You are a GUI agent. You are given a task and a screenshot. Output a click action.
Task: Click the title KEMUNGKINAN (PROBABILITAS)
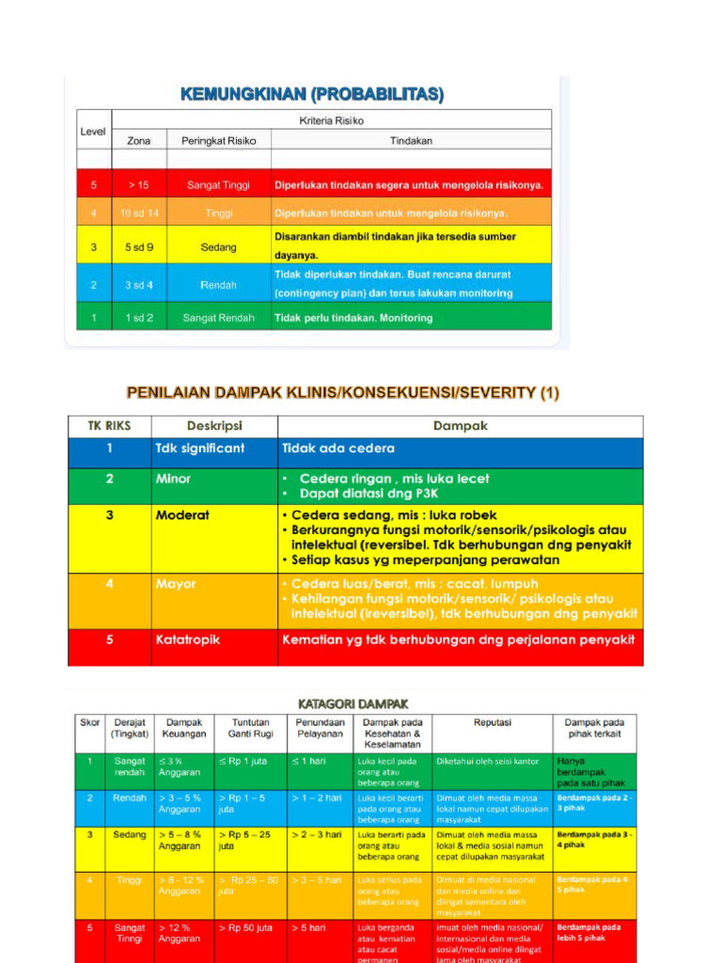coord(311,94)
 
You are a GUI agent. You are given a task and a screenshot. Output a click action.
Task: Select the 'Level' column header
coord(93,132)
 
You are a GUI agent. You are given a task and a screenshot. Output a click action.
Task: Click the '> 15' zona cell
coord(138,185)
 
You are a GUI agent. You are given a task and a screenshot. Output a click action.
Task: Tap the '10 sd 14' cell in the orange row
coord(139,213)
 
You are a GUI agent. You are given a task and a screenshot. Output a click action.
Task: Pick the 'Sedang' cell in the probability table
coord(218,247)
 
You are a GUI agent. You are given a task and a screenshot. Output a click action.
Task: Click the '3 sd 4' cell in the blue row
coord(139,285)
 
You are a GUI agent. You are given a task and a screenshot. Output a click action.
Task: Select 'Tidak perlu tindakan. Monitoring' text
coord(353,318)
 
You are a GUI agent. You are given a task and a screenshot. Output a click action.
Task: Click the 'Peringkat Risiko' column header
coord(218,140)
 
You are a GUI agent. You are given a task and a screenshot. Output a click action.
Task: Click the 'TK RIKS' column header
coord(109,426)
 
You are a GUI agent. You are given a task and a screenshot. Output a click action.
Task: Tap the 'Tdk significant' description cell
coord(199,449)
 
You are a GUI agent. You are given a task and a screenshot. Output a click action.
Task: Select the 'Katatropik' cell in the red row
coord(188,639)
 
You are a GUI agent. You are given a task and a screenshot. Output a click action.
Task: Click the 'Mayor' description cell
coord(177,584)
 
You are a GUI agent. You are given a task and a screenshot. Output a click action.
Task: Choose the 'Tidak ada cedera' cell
coord(338,449)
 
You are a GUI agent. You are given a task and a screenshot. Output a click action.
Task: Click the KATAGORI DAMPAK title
coord(353,703)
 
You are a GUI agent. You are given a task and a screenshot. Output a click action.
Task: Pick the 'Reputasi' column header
coord(492,722)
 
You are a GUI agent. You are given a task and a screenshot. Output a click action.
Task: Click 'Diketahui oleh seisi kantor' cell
coord(487,761)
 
